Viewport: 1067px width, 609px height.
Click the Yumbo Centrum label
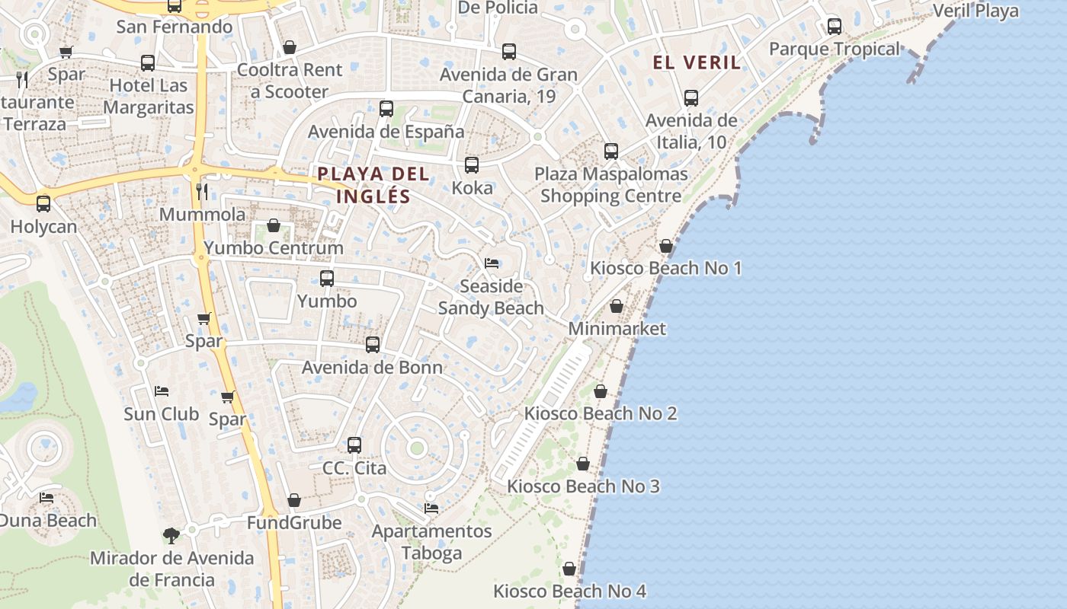pos(274,248)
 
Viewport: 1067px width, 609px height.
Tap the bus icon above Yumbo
pos(327,279)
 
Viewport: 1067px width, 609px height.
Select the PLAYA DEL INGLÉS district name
pos(373,185)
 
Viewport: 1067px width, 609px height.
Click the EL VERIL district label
pos(697,62)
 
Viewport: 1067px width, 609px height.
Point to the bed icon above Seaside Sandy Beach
pos(492,263)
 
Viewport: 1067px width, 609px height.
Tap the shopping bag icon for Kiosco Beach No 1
pos(666,246)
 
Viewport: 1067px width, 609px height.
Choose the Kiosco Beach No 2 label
pos(601,413)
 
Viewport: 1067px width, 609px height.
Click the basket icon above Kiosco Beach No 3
pos(583,464)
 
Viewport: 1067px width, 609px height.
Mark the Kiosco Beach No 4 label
pos(569,591)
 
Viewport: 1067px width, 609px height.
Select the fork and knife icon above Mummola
pos(202,191)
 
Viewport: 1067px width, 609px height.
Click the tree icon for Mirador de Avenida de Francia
pos(171,536)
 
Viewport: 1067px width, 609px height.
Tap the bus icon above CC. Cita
pos(354,445)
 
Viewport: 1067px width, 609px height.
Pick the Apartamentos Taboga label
pos(431,541)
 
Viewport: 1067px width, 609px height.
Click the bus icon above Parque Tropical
pos(835,27)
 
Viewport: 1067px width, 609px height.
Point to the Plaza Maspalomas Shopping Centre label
pos(611,185)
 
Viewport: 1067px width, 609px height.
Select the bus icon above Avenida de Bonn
pos(373,345)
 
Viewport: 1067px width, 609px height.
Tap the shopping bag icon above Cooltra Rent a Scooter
pos(290,47)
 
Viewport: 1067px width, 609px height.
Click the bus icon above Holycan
pos(43,204)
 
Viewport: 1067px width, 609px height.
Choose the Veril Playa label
pos(976,11)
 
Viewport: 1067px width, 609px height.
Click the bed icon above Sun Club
pos(162,391)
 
